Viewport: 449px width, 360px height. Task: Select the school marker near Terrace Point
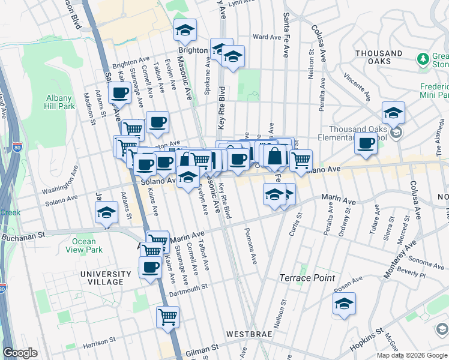coord(344,304)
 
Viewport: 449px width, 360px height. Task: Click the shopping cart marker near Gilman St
coord(168,316)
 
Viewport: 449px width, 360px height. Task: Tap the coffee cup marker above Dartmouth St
coord(150,268)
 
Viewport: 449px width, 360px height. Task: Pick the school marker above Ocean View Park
coord(107,213)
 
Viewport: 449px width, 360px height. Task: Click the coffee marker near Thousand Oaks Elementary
coord(366,143)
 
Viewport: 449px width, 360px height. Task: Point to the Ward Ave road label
coord(267,37)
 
